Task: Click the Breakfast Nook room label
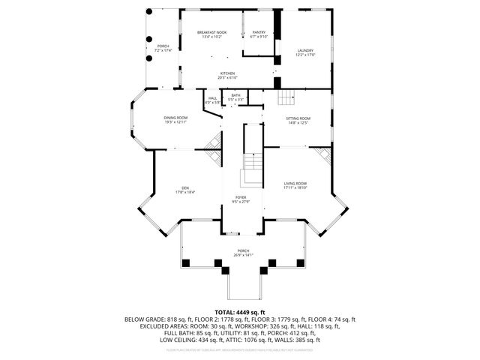pos(211,34)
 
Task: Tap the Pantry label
pos(259,34)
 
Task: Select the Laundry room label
pos(305,52)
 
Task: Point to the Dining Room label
pos(175,120)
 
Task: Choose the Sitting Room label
pos(298,120)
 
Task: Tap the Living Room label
pos(295,185)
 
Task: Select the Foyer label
pos(241,199)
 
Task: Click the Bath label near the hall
pos(235,97)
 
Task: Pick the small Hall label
pos(212,100)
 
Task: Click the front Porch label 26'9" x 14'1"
pos(243,253)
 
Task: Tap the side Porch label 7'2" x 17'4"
pos(163,48)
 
